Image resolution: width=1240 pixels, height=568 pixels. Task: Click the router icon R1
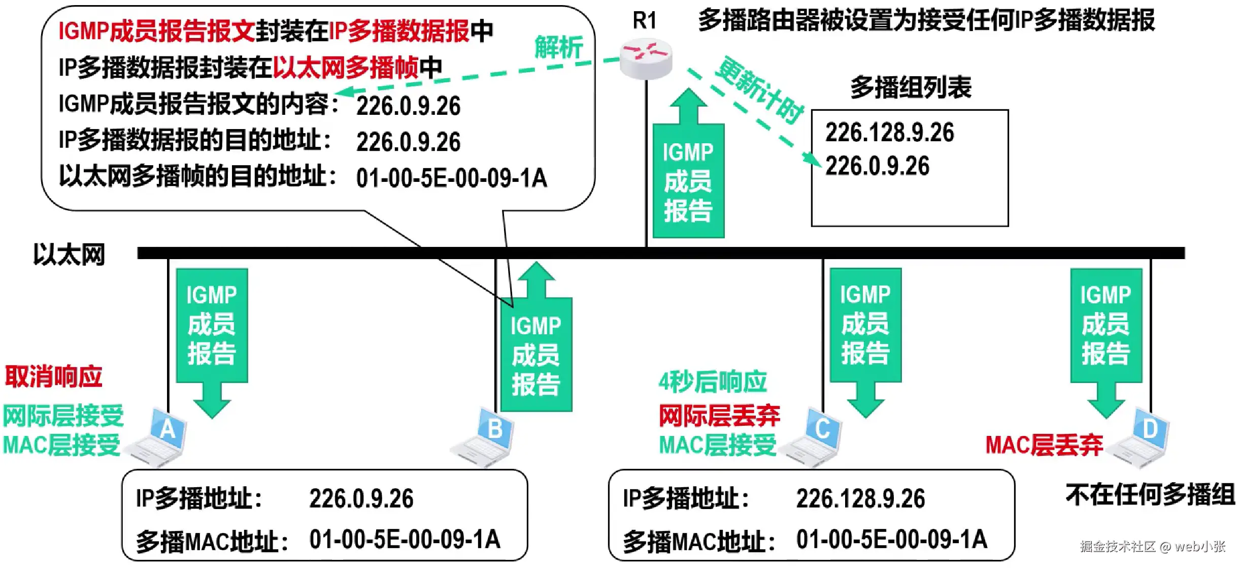coord(646,59)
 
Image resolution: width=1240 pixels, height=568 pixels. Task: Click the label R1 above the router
coord(645,21)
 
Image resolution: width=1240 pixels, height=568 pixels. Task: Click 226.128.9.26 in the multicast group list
coord(889,132)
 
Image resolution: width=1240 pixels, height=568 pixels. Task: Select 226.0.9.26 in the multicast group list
coord(877,166)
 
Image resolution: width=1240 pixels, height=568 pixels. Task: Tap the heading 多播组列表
coord(911,87)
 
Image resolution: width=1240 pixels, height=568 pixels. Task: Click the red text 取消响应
coord(54,376)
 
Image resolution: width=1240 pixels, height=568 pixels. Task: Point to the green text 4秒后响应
coord(713,382)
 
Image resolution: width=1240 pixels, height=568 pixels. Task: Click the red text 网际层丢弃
coord(719,416)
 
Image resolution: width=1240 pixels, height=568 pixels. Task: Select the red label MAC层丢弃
coord(1044,445)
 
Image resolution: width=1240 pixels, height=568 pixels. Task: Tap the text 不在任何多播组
coord(1150,494)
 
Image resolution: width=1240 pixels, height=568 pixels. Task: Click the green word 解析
coord(558,48)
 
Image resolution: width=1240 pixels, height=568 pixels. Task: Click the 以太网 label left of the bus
coord(69,254)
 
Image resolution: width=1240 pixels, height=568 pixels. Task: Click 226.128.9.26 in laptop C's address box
coord(860,498)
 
